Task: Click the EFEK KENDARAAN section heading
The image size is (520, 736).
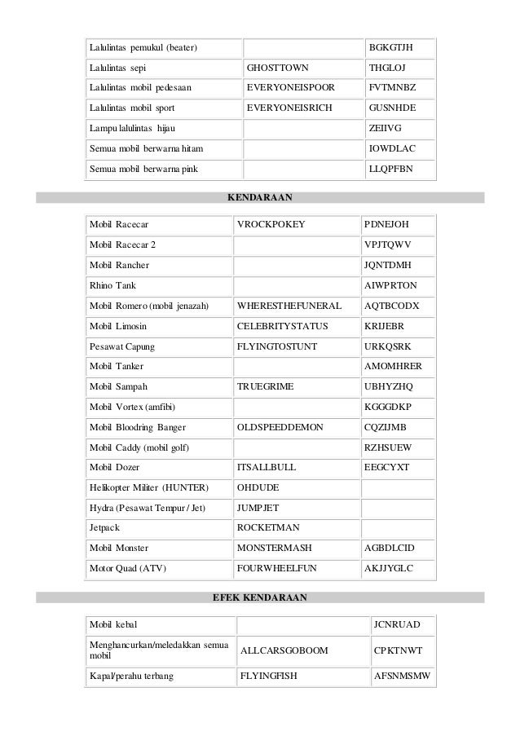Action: point(259,597)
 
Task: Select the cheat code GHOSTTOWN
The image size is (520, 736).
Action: point(277,67)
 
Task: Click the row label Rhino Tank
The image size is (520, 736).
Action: point(113,286)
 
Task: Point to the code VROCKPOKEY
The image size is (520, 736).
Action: point(271,224)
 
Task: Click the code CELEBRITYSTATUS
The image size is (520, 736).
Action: point(282,326)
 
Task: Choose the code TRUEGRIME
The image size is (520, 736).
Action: point(265,386)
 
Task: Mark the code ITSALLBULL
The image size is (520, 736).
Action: point(266,468)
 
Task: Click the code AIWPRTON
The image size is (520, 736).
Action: point(390,286)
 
